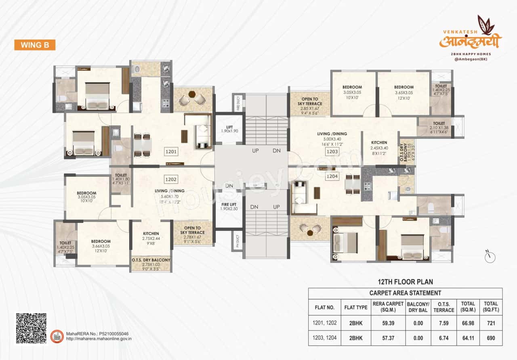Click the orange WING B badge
(35, 45)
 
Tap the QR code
(31, 328)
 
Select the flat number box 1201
(171, 152)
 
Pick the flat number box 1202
(171, 179)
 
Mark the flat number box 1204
(332, 176)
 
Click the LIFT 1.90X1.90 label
(229, 129)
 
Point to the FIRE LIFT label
(229, 206)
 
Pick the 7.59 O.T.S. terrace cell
(443, 323)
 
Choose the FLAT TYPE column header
(356, 307)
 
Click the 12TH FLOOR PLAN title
(405, 282)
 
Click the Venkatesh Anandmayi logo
(470, 39)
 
